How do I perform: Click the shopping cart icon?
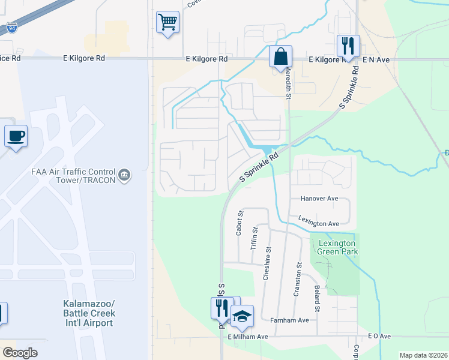167,22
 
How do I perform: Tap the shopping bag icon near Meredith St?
280,56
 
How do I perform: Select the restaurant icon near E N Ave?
348,45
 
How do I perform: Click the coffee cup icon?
16,135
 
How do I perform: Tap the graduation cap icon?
242,316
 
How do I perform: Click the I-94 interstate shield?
12,28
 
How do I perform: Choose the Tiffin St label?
255,238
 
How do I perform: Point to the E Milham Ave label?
247,337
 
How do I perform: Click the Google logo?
20,353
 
